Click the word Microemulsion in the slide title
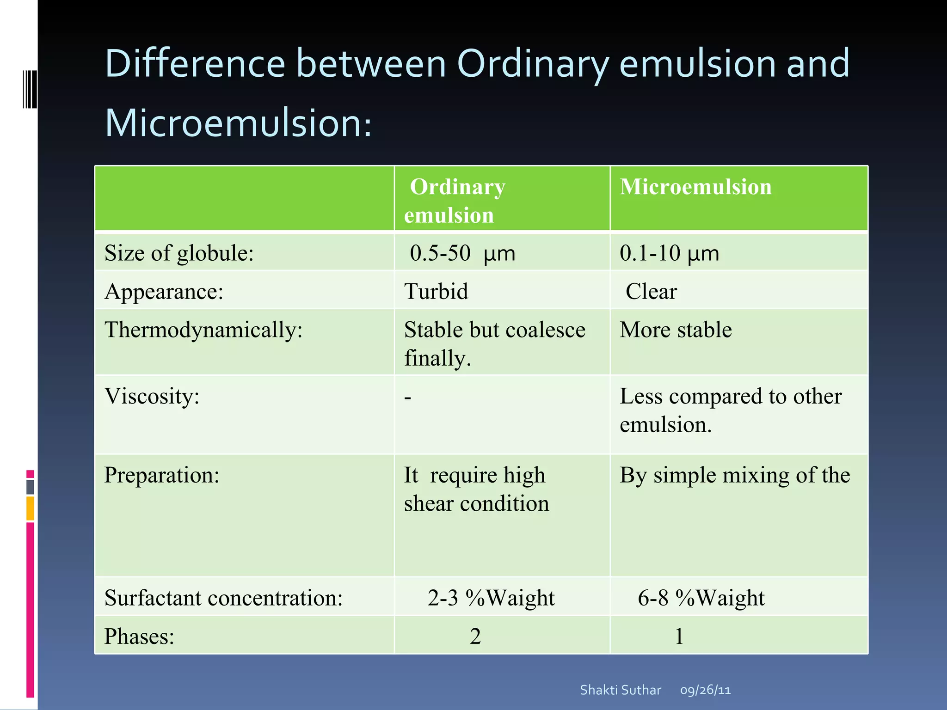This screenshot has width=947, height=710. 238,123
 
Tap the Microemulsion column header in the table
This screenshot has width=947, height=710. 695,187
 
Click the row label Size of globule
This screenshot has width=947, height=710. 179,253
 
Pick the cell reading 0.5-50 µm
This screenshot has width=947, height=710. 462,253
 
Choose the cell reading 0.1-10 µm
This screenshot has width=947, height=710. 669,253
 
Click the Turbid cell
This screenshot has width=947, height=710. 436,292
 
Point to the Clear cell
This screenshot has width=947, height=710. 651,292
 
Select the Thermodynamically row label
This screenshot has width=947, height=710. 203,330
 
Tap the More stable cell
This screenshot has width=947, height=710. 676,330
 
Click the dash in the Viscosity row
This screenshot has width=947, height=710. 407,397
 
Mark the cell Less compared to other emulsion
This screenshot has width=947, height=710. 730,410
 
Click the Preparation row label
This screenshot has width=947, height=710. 162,475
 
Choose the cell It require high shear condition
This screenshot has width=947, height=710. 476,489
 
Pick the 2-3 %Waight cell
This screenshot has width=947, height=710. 491,598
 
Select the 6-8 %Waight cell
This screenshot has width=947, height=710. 701,598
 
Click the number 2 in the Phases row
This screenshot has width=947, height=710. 475,637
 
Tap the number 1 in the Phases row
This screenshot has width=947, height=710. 679,637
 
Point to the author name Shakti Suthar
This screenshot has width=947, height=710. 620,690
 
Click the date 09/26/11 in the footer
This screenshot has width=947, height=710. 705,690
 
